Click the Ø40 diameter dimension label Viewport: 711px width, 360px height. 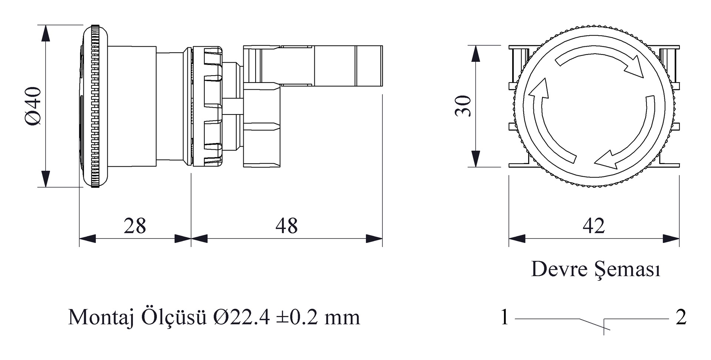click(34, 106)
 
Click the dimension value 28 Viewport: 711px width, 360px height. click(135, 226)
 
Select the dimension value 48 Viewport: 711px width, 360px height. click(286, 226)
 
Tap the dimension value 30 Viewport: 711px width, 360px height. click(463, 106)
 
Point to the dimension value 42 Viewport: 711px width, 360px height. click(594, 226)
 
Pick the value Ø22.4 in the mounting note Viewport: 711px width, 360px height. click(241, 317)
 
